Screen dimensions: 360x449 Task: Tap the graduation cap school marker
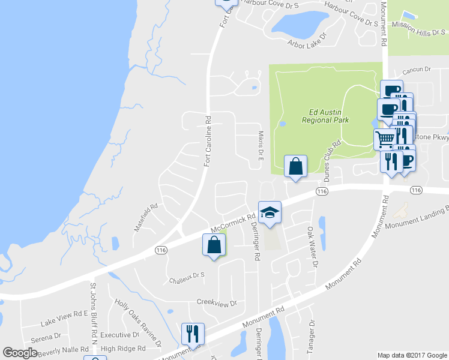coord(270,212)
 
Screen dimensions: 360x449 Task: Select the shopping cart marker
coord(385,139)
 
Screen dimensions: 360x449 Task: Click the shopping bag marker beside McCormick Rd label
coord(214,245)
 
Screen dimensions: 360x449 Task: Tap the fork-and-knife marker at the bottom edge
coord(193,334)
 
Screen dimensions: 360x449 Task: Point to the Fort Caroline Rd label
coord(208,141)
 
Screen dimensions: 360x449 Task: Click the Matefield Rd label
coord(146,217)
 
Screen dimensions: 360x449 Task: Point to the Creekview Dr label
coord(217,304)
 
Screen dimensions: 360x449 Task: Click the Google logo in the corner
coord(20,353)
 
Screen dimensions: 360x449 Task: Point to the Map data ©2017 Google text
coord(411,355)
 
